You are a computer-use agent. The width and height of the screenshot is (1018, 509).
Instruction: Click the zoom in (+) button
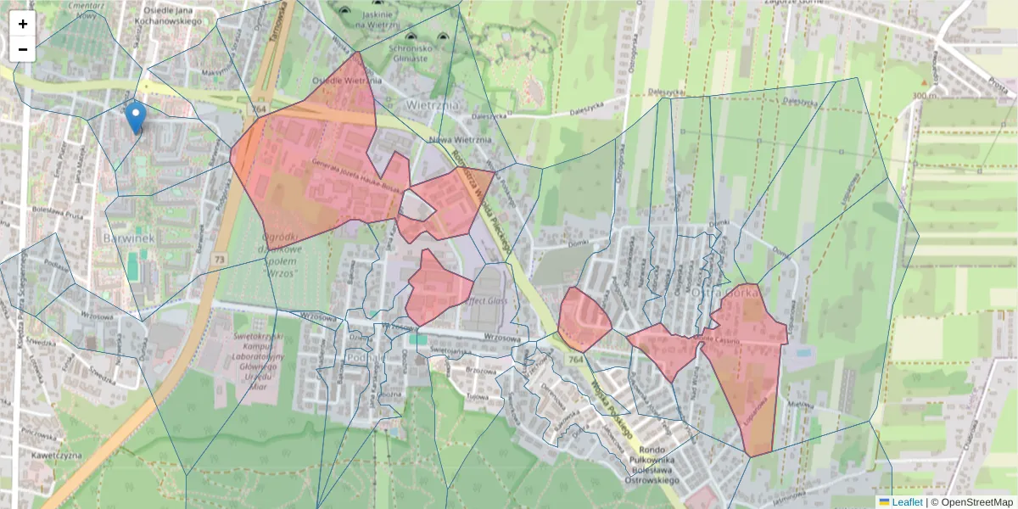(x=23, y=24)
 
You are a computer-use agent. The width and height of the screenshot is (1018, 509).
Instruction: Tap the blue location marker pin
(x=134, y=117)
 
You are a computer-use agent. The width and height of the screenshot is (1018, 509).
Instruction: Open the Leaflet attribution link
(x=907, y=502)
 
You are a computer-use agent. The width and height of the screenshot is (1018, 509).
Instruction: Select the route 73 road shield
(x=220, y=258)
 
